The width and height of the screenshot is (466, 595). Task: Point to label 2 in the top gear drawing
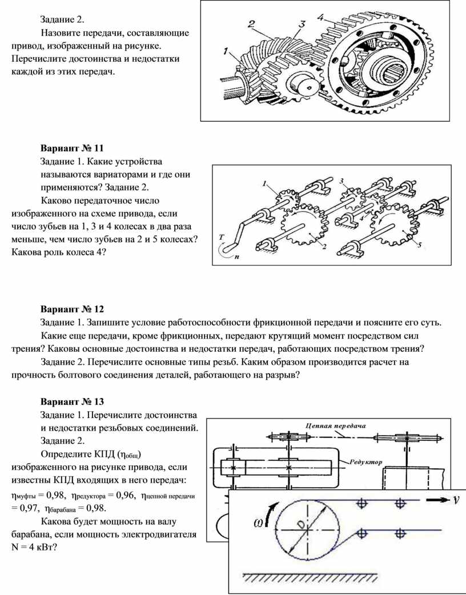click(251, 23)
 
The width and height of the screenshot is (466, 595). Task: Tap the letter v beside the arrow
click(456, 500)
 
